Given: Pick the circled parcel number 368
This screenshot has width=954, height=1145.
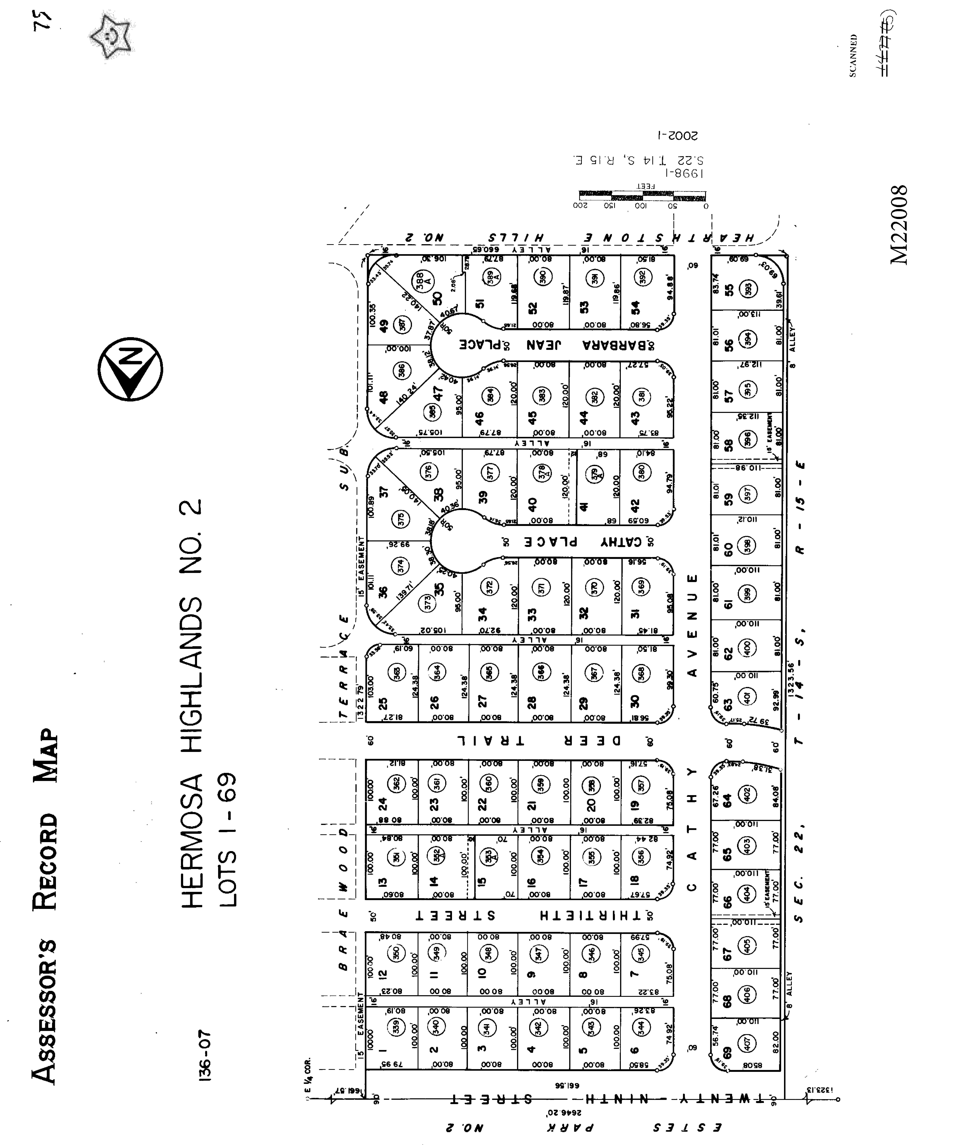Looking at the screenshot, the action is [x=642, y=672].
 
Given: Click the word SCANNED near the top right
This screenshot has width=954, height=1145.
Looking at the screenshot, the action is [x=853, y=56].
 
